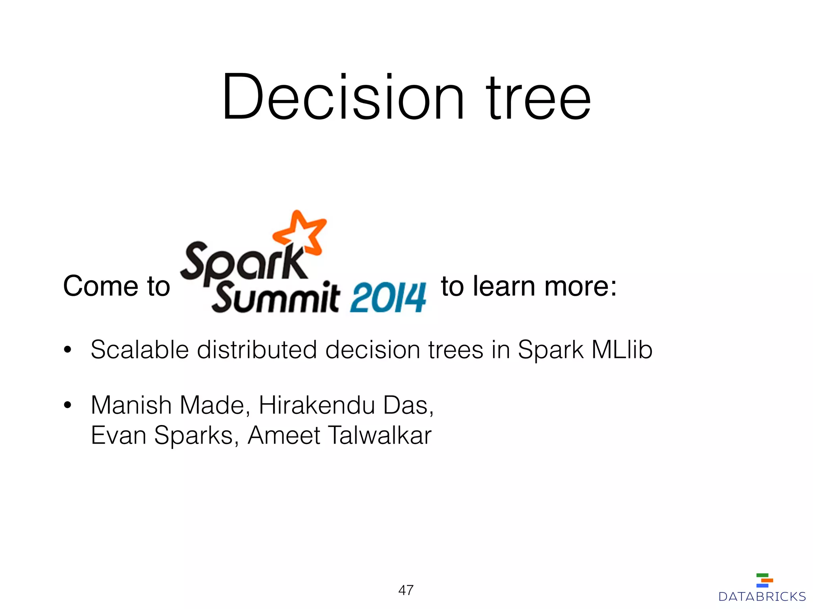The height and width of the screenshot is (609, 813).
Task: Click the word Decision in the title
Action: coord(343,97)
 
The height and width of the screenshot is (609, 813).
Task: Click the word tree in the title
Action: coord(539,97)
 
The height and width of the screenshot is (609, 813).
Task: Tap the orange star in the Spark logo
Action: coord(301,234)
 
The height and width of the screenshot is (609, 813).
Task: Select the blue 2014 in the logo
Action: coord(388,298)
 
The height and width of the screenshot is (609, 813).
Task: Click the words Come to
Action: coord(116,286)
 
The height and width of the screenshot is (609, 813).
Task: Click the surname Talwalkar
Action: coord(380,435)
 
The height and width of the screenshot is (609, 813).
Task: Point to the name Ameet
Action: coord(283,435)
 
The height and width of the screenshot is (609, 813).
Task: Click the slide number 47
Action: coord(406,590)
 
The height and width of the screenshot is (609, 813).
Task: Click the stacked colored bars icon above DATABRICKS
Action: coord(764,580)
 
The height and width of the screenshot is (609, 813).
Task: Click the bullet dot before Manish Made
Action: coord(68,405)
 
